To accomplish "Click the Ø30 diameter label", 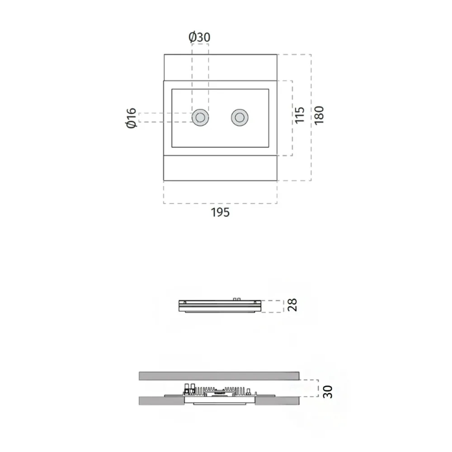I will point(200,37).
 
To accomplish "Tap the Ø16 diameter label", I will point(131,118).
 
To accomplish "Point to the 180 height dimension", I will point(319,116).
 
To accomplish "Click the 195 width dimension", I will point(221,212).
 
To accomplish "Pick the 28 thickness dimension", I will point(293,305).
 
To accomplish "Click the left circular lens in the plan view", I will point(200,118).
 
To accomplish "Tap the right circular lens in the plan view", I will point(240,118).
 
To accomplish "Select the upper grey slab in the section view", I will point(219,376).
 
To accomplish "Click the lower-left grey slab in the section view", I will point(161,400).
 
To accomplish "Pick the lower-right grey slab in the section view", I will point(277,400).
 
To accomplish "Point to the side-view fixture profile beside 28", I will point(220,306).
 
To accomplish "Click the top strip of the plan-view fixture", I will point(220,67).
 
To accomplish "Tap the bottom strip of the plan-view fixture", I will point(220,168).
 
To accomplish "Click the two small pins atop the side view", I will point(236,299).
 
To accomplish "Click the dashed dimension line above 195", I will point(221,203).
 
